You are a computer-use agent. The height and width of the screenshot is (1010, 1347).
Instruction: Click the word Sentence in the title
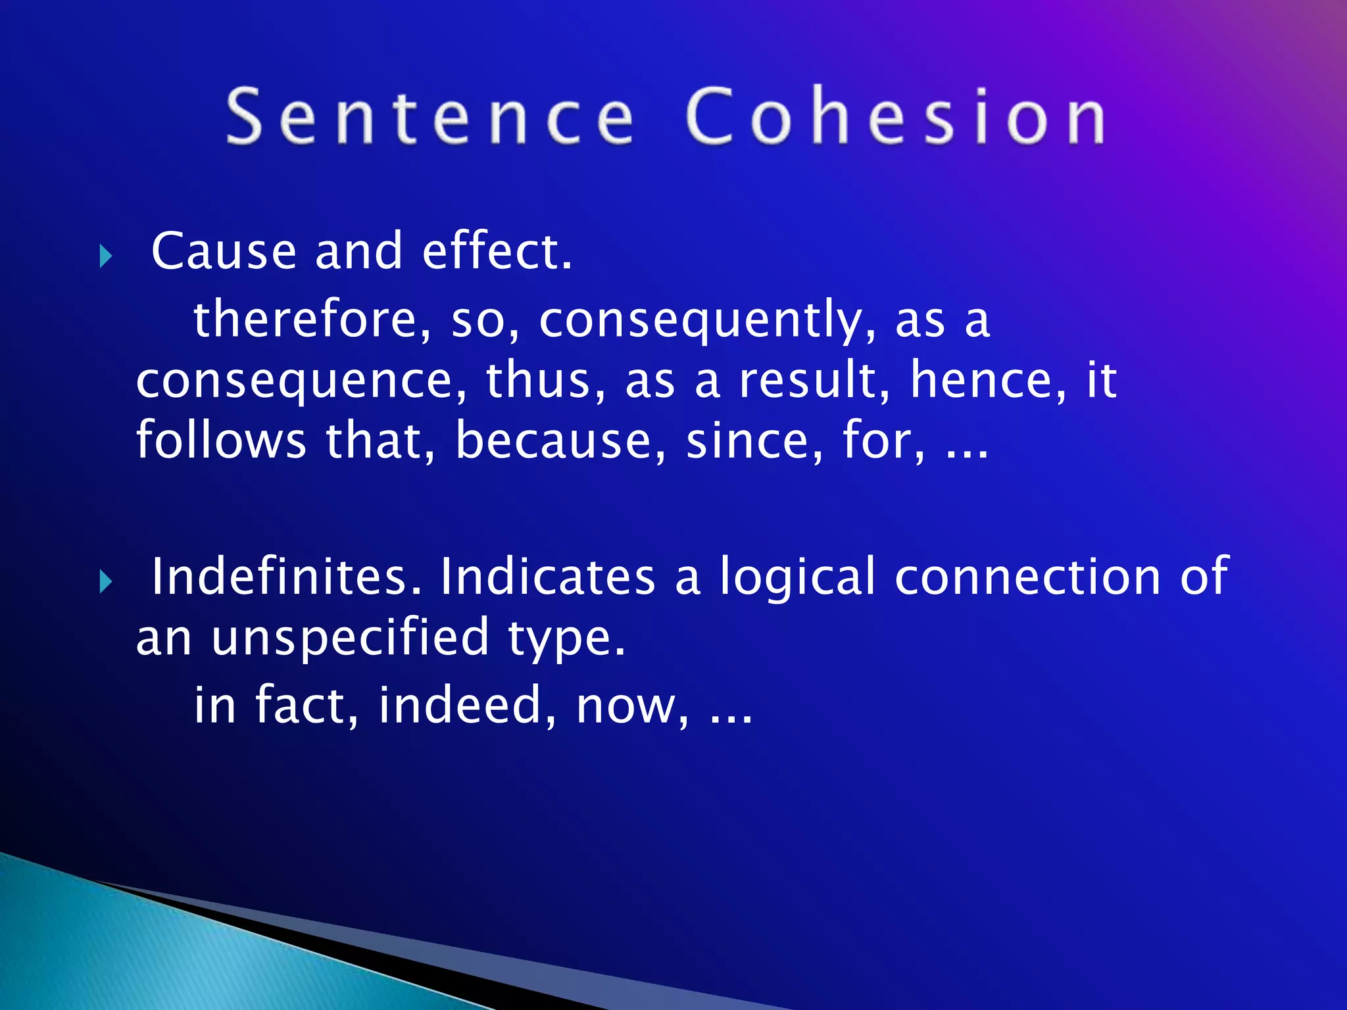coord(431,116)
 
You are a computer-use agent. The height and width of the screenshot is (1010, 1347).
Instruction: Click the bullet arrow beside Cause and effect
coord(106,256)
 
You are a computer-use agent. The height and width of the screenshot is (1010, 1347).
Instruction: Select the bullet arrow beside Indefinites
coord(106,581)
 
